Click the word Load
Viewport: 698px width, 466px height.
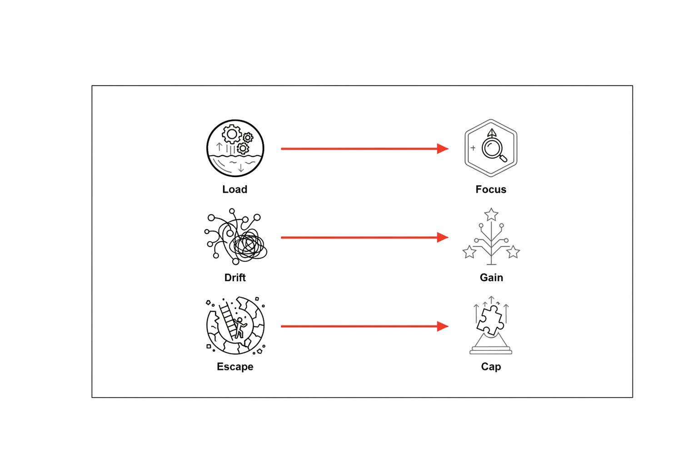coord(234,189)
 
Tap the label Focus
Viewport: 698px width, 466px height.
coord(491,189)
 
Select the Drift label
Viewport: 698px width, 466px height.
coord(235,278)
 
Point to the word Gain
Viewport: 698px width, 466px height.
coord(491,278)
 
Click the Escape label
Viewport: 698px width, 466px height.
coord(235,366)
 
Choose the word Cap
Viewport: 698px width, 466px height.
coord(491,366)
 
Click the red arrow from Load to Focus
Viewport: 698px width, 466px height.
coord(364,149)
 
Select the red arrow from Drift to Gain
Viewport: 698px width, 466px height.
coord(364,238)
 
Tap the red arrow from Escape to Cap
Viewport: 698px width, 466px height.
coord(364,326)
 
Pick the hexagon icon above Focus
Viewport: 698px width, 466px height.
coord(491,120)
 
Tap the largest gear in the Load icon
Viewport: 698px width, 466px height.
coord(232,134)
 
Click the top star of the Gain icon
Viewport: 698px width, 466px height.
coord(491,215)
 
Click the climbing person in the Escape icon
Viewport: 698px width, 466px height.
coord(240,328)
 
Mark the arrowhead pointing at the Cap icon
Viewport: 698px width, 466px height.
coord(443,326)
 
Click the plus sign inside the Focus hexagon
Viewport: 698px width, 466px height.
coord(473,148)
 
